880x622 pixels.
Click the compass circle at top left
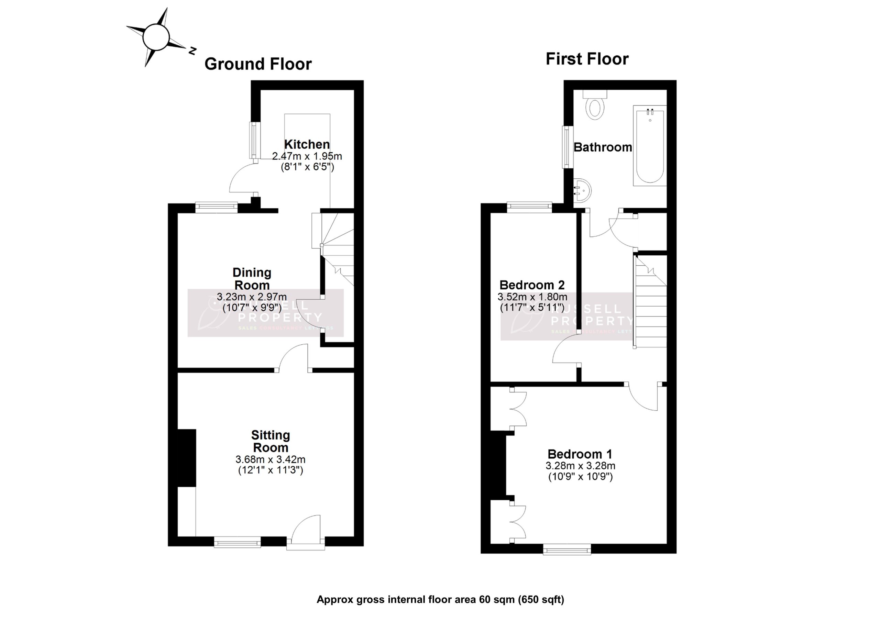pyautogui.click(x=156, y=37)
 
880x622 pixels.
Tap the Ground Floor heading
pyautogui.click(x=257, y=64)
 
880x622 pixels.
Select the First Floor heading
pyautogui.click(x=587, y=59)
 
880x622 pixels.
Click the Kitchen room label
pyautogui.click(x=307, y=144)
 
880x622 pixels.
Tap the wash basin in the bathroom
pyautogui.click(x=582, y=190)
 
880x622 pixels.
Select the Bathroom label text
pyautogui.click(x=603, y=147)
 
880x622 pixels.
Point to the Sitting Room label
pyautogui.click(x=271, y=441)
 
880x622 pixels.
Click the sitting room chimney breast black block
pyautogui.click(x=187, y=458)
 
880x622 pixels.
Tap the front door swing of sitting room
pyautogui.click(x=307, y=529)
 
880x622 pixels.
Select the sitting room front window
pyautogui.click(x=237, y=542)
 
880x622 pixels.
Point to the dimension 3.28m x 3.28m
pyautogui.click(x=580, y=466)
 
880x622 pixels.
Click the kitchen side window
pyautogui.click(x=255, y=140)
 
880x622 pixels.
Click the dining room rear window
pyautogui.click(x=217, y=207)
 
